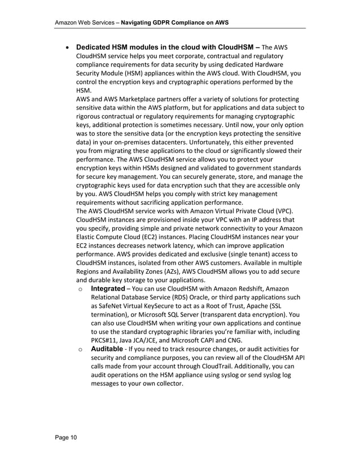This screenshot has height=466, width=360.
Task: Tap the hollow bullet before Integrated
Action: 81,289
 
